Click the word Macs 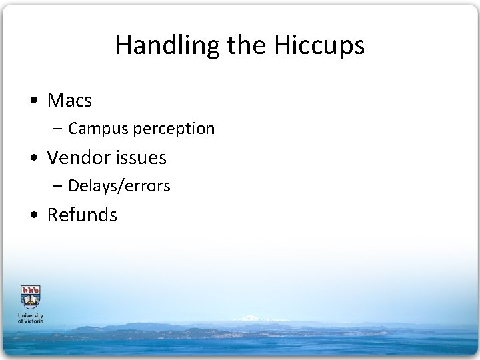coord(69,101)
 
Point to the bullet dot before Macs coord(34,101)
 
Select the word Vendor coord(77,158)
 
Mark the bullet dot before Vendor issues coord(34,159)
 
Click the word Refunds coord(82,215)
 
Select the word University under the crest coord(30,315)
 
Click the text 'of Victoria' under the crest coord(30,321)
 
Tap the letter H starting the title coord(122,45)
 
